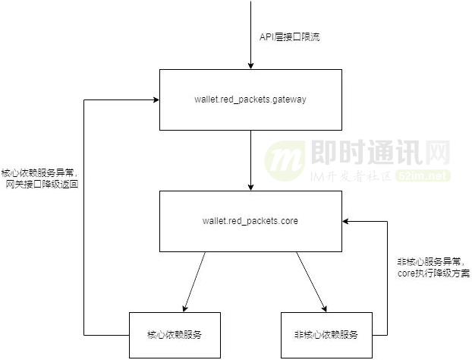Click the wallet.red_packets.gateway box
tap(250, 99)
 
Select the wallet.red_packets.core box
tap(250, 221)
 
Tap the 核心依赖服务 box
tap(175, 334)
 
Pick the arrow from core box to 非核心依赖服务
tap(311, 281)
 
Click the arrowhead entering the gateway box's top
tap(250, 65)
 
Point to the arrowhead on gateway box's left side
tap(155, 99)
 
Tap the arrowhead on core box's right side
tap(346, 221)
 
